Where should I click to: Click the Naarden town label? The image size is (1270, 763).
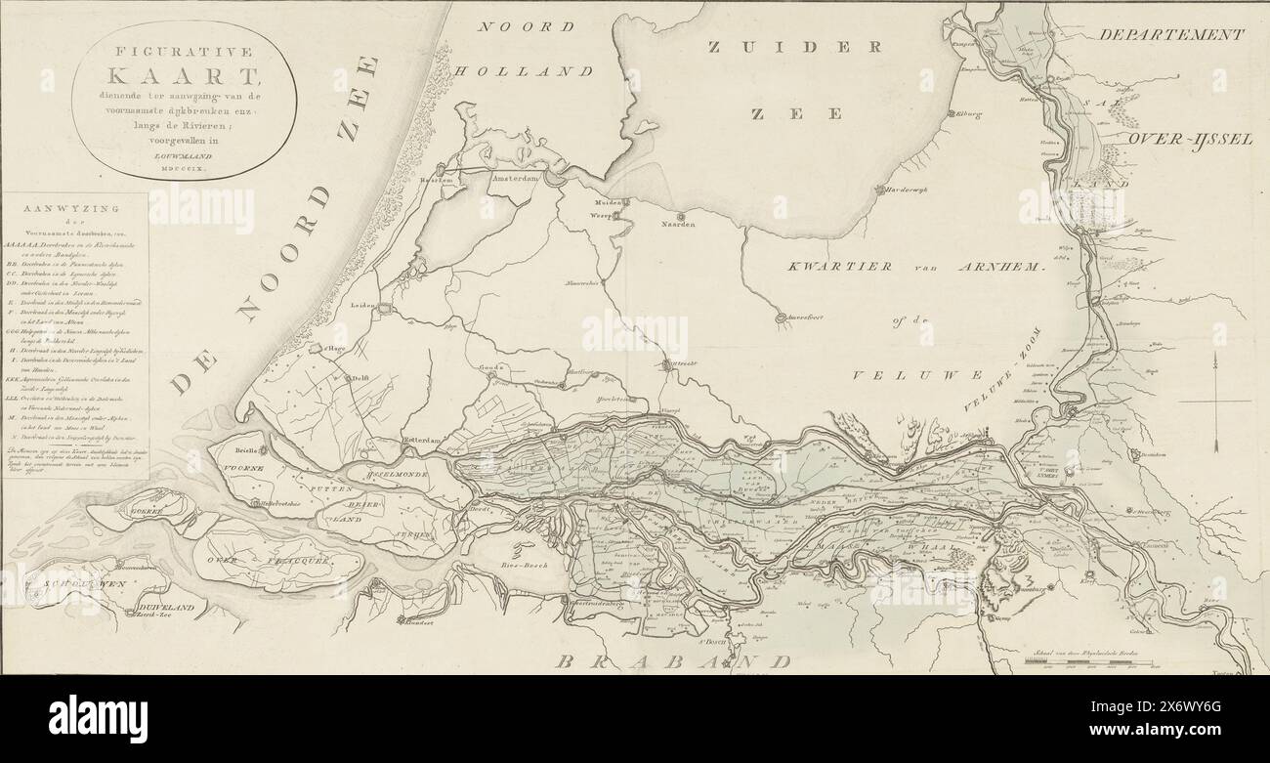[x=680, y=226]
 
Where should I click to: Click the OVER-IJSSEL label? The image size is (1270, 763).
[x=1190, y=140]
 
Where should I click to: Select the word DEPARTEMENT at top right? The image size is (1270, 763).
[x=1171, y=35]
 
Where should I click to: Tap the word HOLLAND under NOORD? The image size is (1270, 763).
[x=537, y=71]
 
